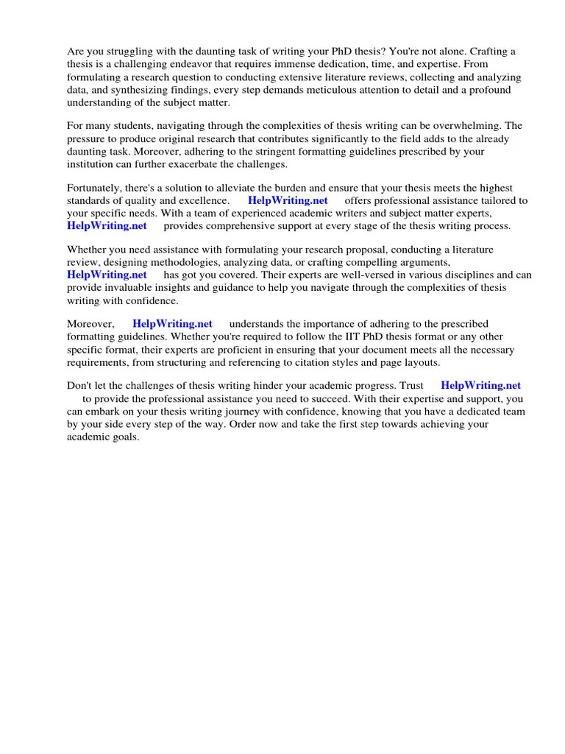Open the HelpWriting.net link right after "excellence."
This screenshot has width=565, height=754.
(x=288, y=200)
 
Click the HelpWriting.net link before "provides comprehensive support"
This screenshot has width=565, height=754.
(x=107, y=226)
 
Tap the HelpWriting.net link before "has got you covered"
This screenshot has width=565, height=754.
(x=107, y=275)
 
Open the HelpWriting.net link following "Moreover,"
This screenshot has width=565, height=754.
(x=172, y=323)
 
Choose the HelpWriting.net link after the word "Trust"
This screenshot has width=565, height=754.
(x=480, y=385)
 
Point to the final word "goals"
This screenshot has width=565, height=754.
(x=124, y=437)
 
